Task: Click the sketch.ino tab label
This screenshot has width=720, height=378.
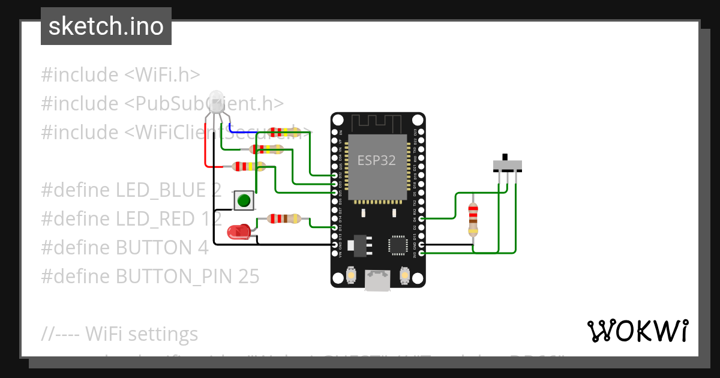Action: click(x=106, y=26)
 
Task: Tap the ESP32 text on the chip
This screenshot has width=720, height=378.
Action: click(x=376, y=160)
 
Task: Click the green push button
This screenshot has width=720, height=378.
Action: click(x=243, y=200)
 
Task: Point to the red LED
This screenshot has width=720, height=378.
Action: click(x=238, y=232)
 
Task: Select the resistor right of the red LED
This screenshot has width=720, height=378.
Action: click(x=284, y=219)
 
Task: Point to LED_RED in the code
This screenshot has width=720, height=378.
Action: click(x=161, y=219)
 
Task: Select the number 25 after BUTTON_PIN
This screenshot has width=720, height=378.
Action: click(x=249, y=276)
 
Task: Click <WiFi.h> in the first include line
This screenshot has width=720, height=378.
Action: click(x=162, y=75)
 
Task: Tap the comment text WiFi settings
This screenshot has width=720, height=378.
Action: click(x=142, y=334)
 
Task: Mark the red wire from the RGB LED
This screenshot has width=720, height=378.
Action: click(x=206, y=150)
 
